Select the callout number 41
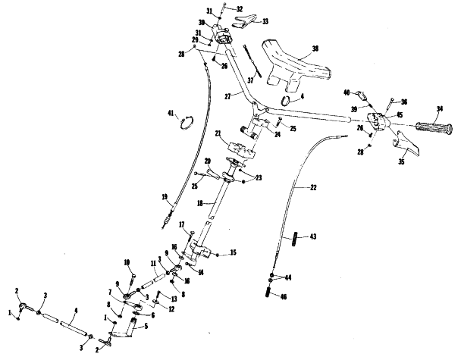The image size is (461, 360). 171,114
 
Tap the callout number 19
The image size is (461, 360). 165,198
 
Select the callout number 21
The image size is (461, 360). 217,134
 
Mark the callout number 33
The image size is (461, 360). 243,21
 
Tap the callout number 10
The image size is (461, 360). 127,262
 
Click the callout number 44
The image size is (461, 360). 287,277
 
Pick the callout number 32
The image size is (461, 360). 240,9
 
